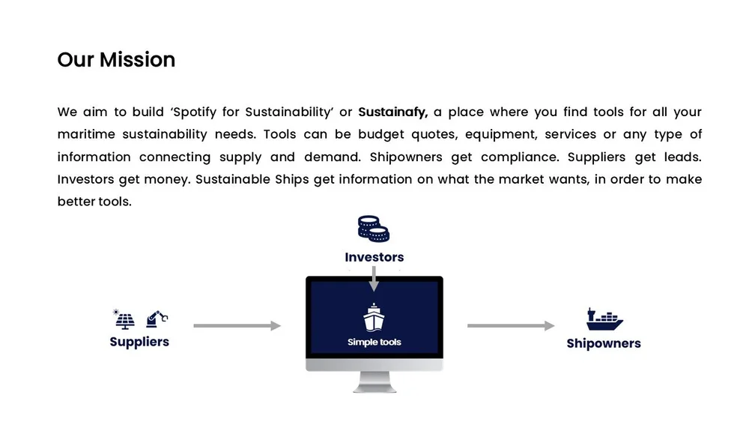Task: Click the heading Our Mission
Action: (x=116, y=60)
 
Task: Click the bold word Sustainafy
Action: (x=392, y=112)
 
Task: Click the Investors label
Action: (x=374, y=257)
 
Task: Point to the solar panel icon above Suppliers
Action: (x=124, y=319)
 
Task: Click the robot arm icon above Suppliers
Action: (x=156, y=319)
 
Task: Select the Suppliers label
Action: (x=139, y=342)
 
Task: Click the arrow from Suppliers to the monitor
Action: (x=237, y=326)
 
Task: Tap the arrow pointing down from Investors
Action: (x=374, y=279)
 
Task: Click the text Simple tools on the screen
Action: (x=374, y=343)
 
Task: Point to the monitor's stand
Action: (x=374, y=382)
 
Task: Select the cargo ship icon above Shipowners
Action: (x=604, y=319)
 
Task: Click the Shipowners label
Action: (x=604, y=344)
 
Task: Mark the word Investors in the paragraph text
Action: (x=88, y=180)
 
